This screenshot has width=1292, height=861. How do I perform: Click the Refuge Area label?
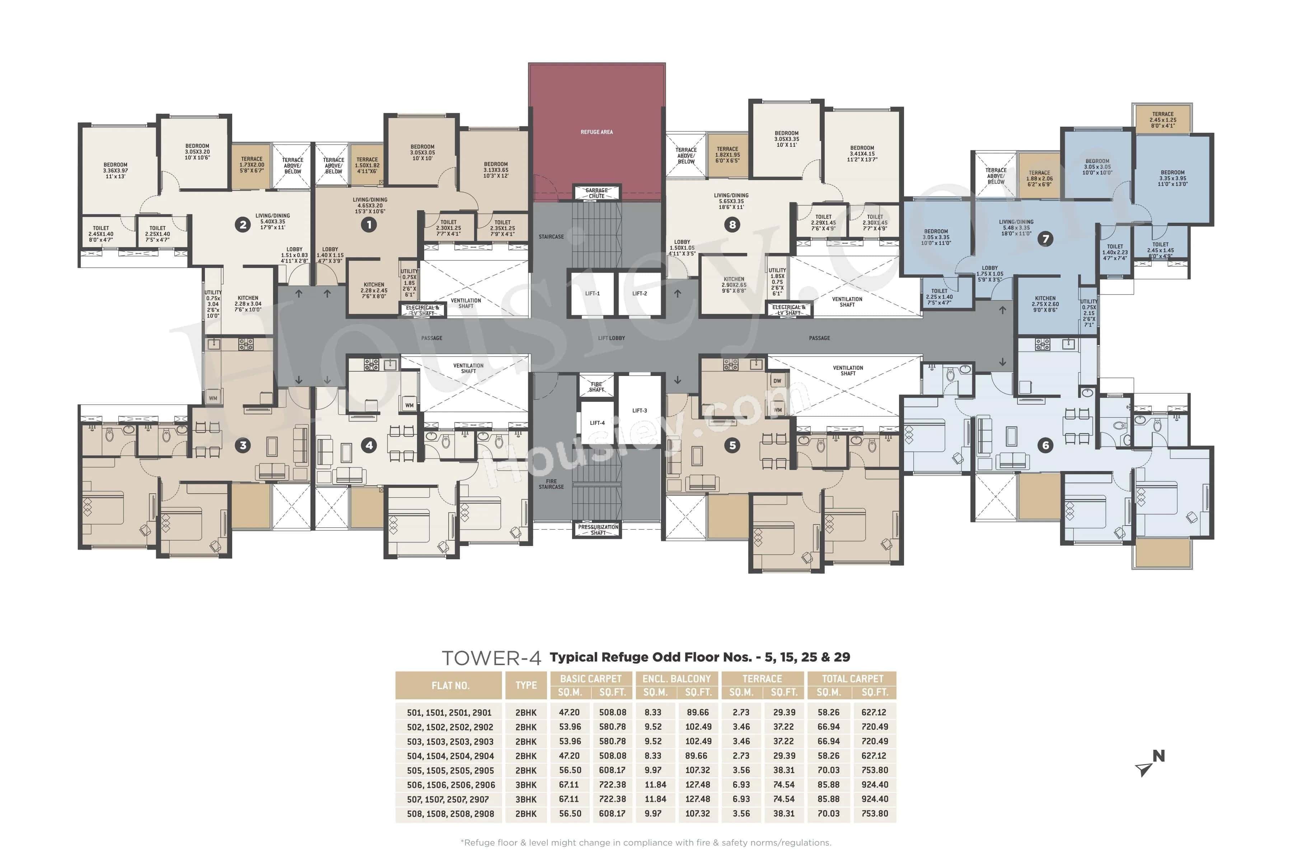pos(596,132)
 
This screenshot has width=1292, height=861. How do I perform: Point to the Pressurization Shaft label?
pos(598,530)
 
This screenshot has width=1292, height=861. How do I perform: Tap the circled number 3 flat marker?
pos(243,445)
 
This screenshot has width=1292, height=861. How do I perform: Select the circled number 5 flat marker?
pos(732,445)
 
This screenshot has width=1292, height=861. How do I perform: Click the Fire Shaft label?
pos(596,387)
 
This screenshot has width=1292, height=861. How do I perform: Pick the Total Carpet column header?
pos(852,679)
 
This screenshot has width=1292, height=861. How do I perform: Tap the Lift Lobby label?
pos(612,338)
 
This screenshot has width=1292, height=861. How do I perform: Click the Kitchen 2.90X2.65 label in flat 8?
pos(734,285)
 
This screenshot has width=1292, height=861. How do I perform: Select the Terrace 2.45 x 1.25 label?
pos(1163,120)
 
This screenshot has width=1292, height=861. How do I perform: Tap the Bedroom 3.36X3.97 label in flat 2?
pos(115,170)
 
